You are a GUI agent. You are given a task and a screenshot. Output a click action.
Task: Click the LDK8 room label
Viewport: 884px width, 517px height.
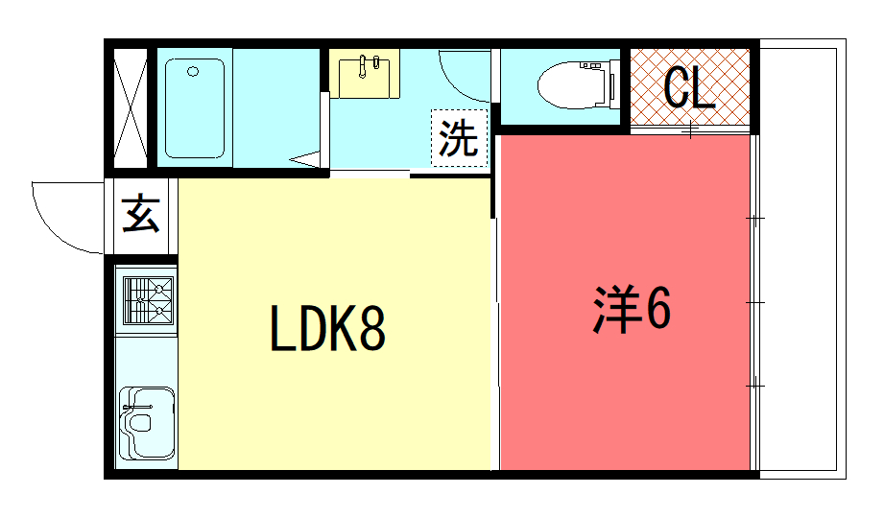click(x=327, y=328)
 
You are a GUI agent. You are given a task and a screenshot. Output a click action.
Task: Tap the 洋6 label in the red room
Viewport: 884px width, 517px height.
click(x=632, y=309)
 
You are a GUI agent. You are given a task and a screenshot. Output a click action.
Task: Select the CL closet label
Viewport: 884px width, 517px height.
click(x=689, y=88)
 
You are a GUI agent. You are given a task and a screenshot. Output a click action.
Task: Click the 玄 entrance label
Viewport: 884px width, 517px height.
click(x=141, y=214)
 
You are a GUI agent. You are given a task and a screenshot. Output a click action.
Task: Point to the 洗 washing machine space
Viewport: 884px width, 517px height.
click(x=459, y=138)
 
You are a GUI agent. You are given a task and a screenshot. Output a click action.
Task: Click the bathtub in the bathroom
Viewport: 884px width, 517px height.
click(x=195, y=108)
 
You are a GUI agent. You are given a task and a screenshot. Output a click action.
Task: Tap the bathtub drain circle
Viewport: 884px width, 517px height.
click(x=193, y=72)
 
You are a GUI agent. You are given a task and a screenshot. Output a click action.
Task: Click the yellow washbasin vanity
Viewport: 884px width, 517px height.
click(x=364, y=74)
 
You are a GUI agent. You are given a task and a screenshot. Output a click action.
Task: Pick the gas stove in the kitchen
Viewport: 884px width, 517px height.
click(x=148, y=301)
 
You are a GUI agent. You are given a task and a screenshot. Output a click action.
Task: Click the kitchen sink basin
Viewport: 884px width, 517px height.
click(x=147, y=422)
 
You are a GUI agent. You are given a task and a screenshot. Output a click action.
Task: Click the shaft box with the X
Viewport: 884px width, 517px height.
click(x=131, y=108)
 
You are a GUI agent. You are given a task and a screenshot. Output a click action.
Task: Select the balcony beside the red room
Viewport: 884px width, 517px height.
click(x=802, y=259)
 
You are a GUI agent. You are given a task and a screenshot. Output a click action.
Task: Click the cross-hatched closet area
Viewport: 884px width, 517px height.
click(x=690, y=86)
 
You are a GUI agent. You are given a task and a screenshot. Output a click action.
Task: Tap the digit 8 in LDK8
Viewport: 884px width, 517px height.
click(x=372, y=328)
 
